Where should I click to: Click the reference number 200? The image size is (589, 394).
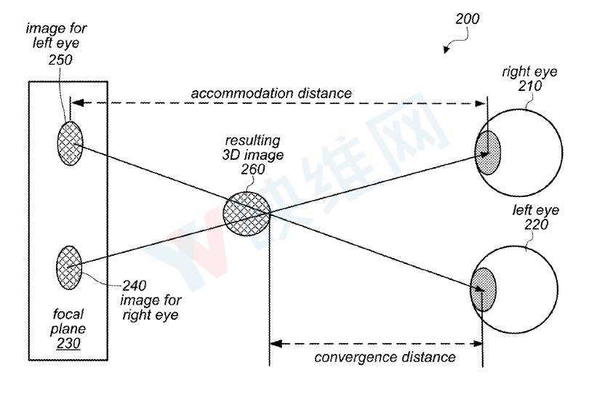click(468, 19)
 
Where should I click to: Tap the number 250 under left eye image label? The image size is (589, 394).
click(60, 60)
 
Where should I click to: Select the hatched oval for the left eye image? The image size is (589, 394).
click(70, 143)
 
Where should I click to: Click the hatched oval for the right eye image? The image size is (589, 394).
click(69, 268)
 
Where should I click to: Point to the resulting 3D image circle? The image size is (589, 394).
click(247, 214)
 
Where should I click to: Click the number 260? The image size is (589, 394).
click(253, 169)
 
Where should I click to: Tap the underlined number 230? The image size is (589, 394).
click(68, 343)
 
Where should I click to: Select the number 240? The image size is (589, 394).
click(134, 286)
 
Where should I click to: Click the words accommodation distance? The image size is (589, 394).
click(271, 93)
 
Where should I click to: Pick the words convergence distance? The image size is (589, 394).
click(385, 357)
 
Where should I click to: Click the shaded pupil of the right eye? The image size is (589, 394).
click(488, 153)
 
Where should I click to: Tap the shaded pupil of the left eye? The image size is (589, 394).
click(483, 289)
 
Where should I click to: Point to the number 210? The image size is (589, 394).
click(530, 86)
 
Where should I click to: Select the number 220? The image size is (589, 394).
click(536, 225)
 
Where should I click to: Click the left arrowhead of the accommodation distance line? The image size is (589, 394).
click(77, 103)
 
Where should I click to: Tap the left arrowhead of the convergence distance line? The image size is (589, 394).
click(276, 343)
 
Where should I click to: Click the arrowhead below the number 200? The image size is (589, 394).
click(446, 49)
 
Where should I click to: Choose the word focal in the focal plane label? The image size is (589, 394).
click(68, 313)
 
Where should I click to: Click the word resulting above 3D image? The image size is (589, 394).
click(252, 141)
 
